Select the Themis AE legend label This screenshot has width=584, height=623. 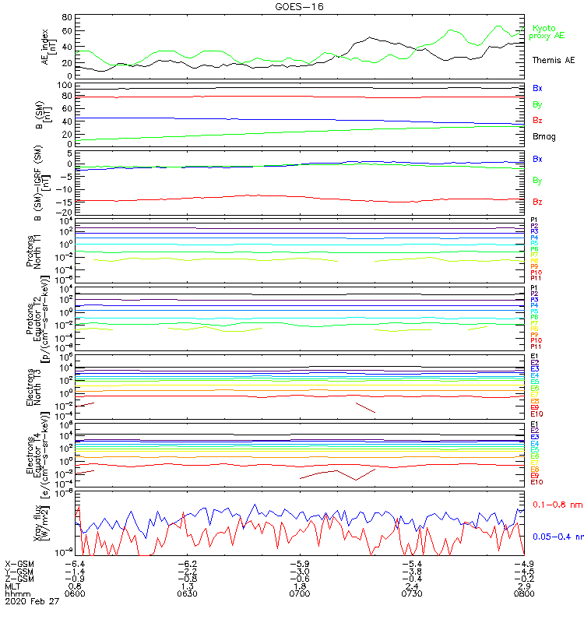click(x=554, y=60)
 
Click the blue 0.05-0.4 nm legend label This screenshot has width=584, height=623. click(x=556, y=537)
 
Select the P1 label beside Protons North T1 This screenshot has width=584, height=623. click(x=534, y=220)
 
